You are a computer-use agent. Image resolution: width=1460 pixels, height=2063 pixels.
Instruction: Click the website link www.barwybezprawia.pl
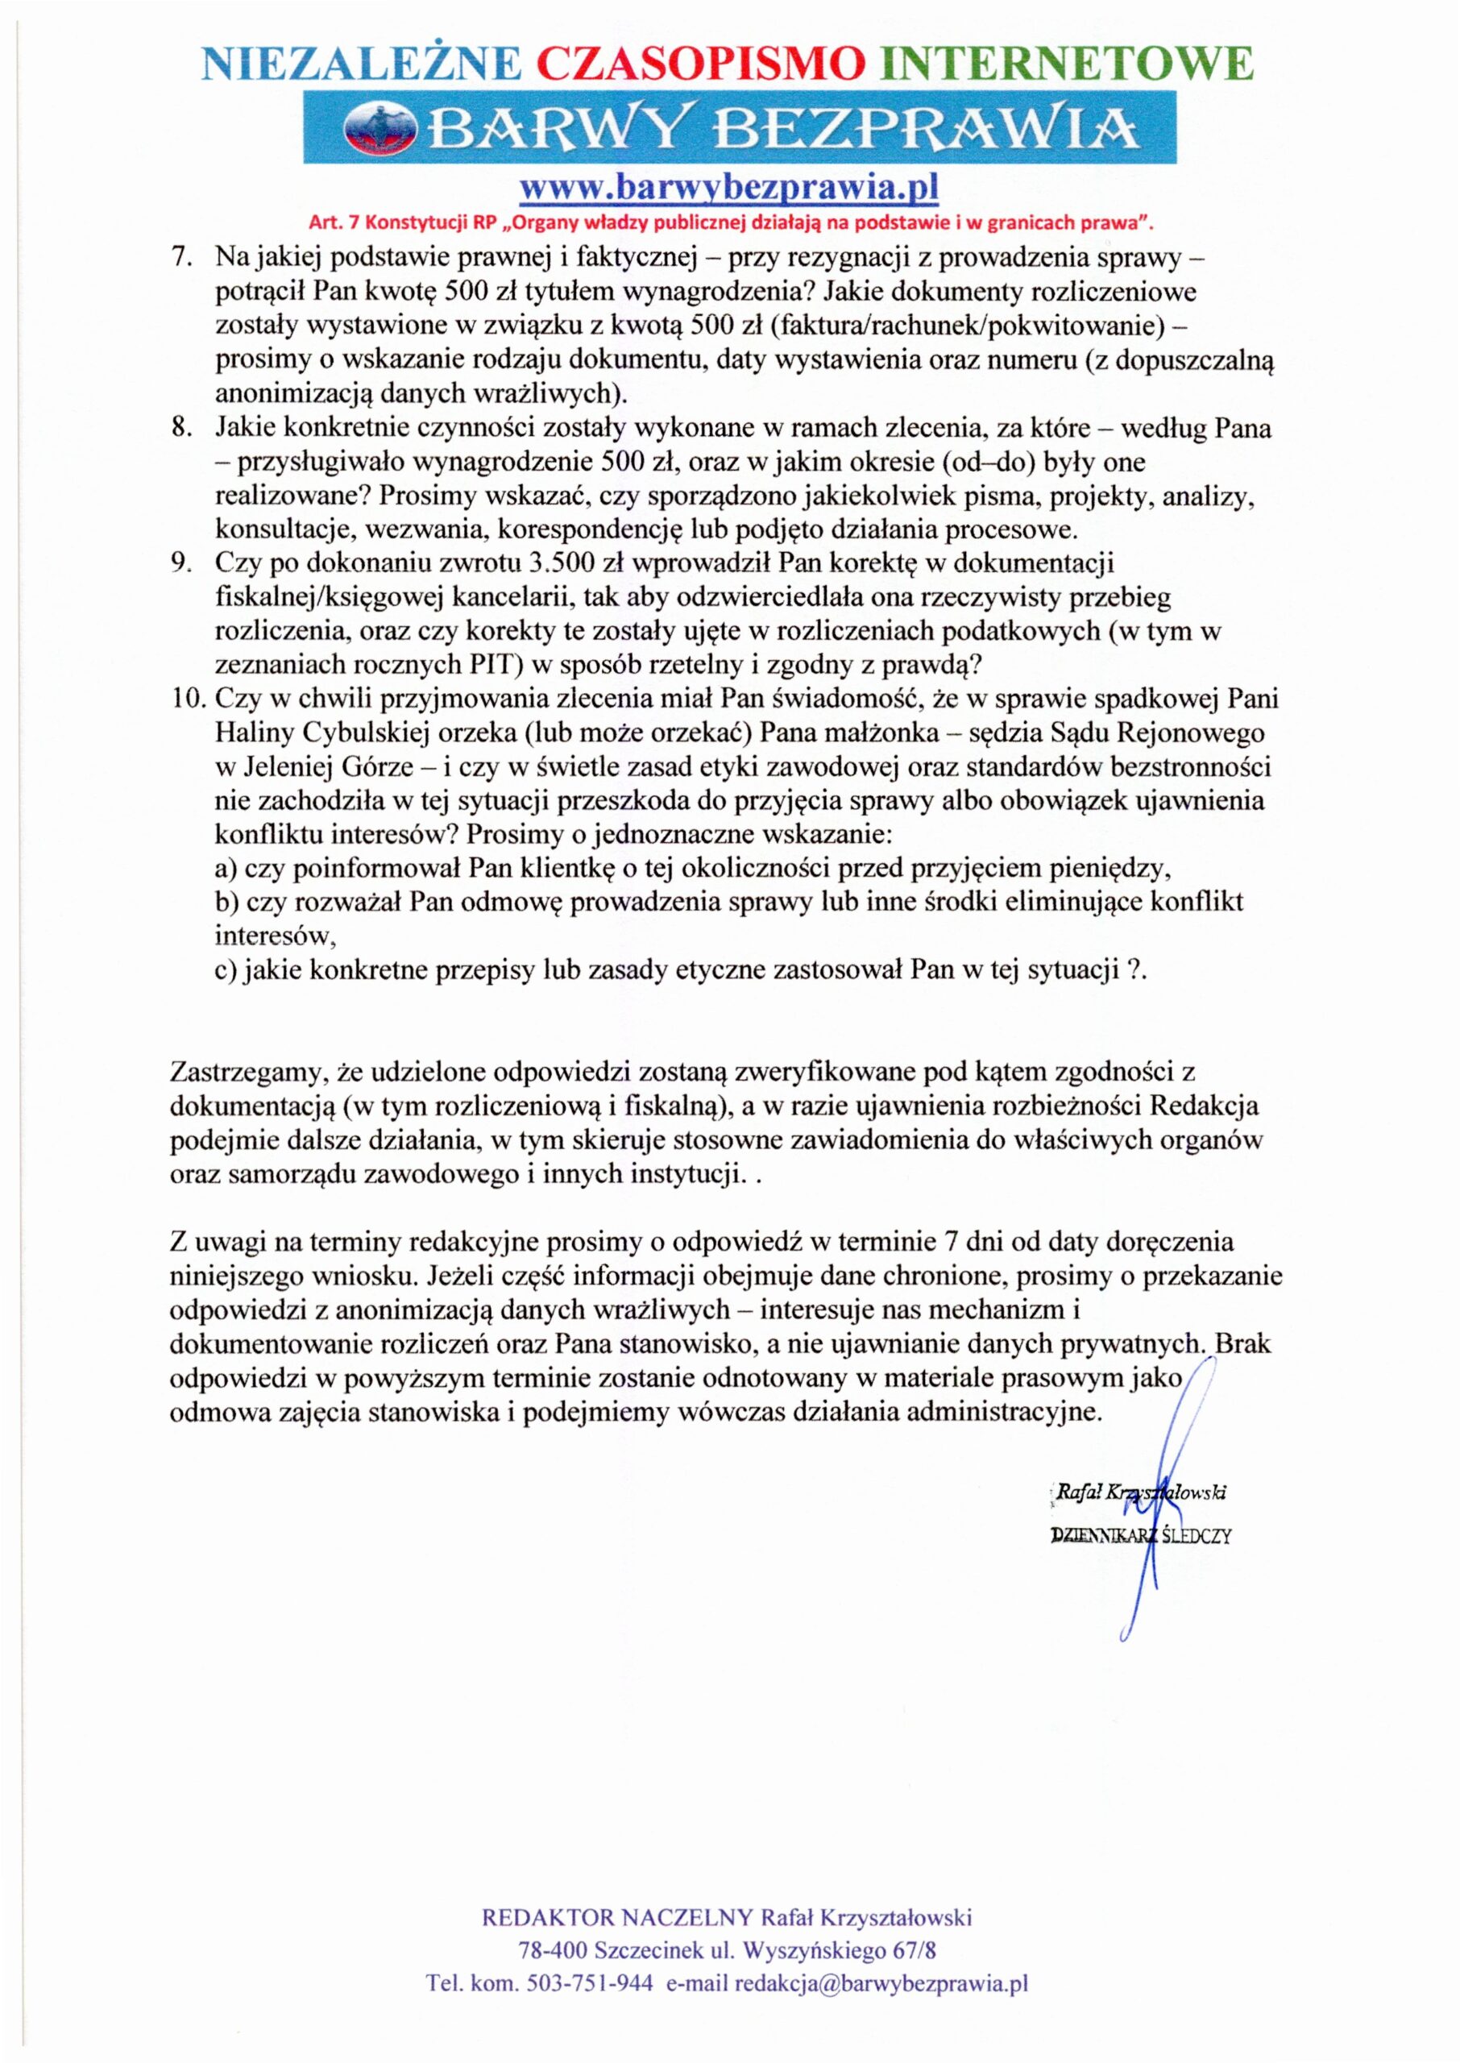pos(730,189)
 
